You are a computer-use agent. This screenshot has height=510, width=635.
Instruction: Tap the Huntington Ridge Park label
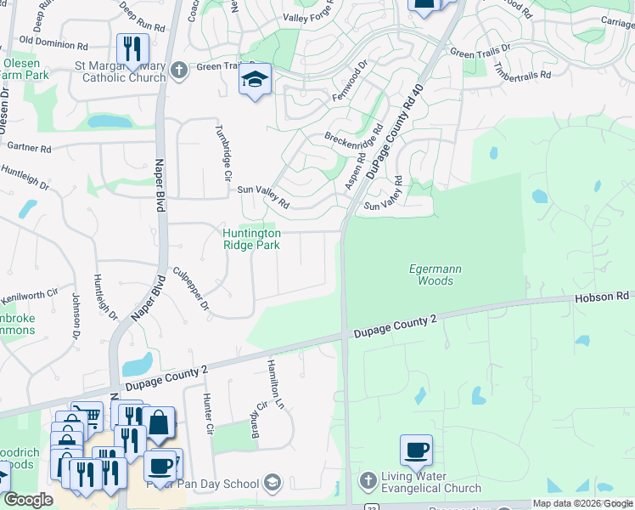pyautogui.click(x=251, y=239)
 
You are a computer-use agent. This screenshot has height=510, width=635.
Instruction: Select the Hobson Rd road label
pyautogui.click(x=601, y=297)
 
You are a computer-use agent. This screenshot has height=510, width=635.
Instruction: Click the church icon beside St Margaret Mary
pyautogui.click(x=178, y=71)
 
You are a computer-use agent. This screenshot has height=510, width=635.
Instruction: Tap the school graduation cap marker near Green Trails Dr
pyautogui.click(x=255, y=81)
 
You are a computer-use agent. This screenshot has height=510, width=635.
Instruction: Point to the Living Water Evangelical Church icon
pyautogui.click(x=367, y=481)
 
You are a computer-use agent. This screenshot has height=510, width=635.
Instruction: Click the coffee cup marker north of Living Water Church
pyautogui.click(x=416, y=450)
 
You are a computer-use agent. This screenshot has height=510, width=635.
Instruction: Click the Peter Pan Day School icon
pyautogui.click(x=272, y=484)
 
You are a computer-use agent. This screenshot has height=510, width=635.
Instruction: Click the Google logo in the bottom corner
pyautogui.click(x=28, y=500)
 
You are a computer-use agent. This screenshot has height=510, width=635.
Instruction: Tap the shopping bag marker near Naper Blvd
pyautogui.click(x=158, y=422)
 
